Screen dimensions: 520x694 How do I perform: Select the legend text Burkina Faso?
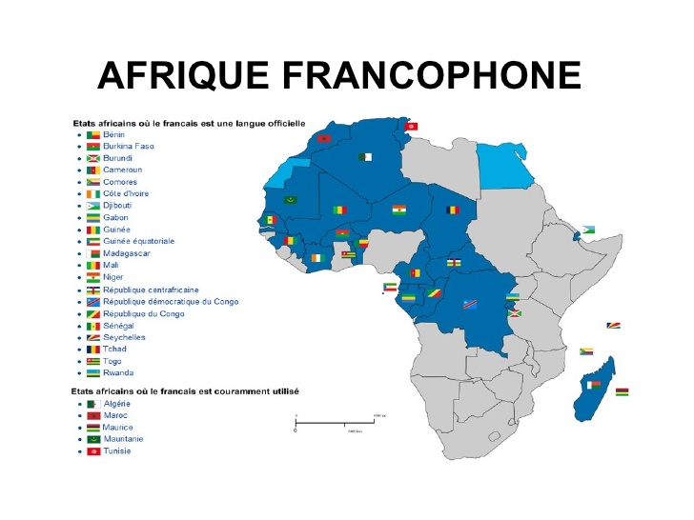[128, 147]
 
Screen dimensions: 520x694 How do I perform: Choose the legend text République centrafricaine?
[157, 290]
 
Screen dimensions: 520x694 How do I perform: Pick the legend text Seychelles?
[124, 337]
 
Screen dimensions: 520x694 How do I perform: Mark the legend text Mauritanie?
[124, 439]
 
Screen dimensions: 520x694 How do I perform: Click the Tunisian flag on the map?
[411, 125]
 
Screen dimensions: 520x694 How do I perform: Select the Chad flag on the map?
[455, 210]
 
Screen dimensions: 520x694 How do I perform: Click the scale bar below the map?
[340, 420]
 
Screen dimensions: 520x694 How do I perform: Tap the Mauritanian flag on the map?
[291, 200]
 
